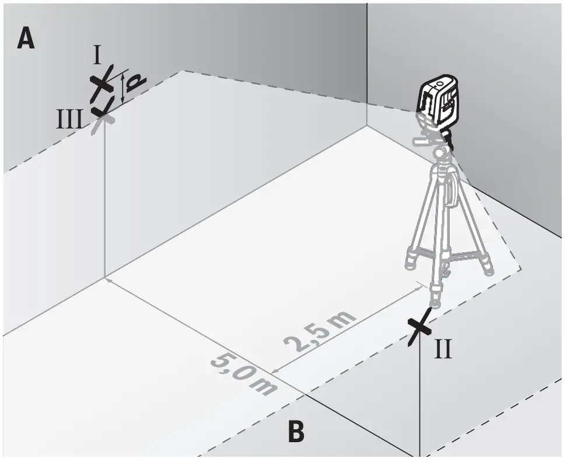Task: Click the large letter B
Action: [296, 432]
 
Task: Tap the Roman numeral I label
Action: [97, 56]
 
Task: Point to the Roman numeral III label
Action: [69, 120]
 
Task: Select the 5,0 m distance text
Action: [243, 374]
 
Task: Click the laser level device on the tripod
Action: [439, 103]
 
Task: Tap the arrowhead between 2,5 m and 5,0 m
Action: [276, 371]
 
